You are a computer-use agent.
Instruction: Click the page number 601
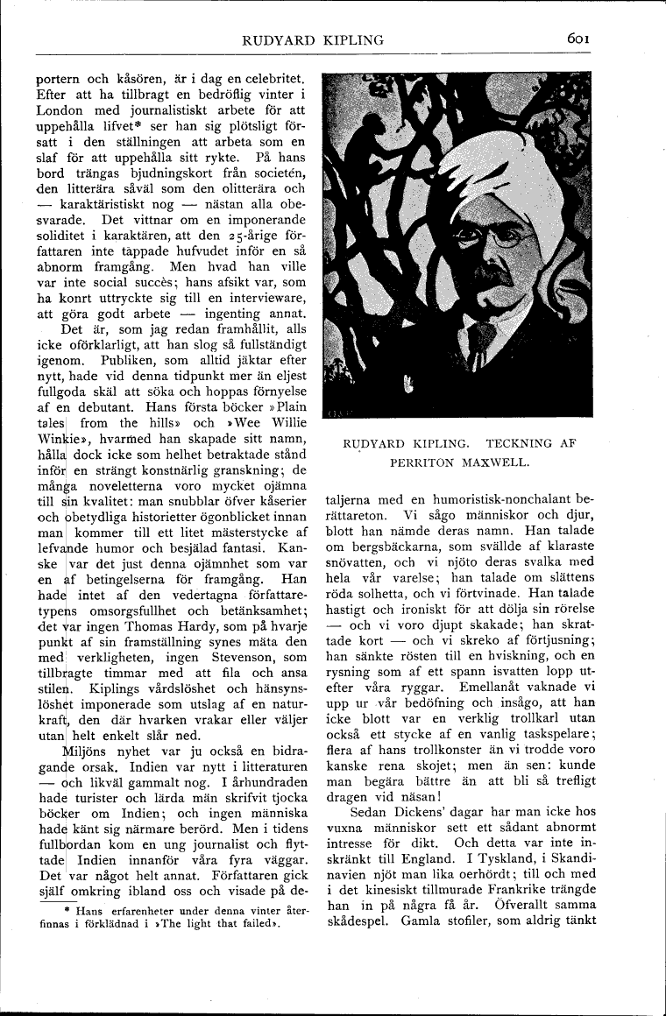coord(582,39)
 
